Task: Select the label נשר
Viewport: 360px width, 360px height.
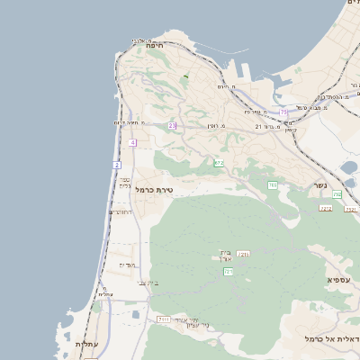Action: coord(319,185)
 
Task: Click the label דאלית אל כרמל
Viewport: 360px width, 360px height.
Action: coord(332,338)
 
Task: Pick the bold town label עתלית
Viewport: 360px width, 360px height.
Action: coord(86,345)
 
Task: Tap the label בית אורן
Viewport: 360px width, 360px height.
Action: coord(226,256)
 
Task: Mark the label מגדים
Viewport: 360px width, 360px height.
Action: coord(127,265)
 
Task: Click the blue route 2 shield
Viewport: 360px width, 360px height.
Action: coord(116,166)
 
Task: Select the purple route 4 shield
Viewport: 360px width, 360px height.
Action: coord(132,142)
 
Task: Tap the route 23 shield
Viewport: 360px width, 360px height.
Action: coord(171,125)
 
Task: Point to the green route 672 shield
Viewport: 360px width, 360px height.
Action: coord(219,163)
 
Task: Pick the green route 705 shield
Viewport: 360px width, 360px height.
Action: coord(272,184)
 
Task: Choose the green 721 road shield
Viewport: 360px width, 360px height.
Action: coord(228,271)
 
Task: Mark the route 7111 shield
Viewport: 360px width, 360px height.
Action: coord(163,319)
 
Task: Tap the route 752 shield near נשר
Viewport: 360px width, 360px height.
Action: coord(337,195)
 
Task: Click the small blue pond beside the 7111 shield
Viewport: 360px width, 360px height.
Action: coord(136,315)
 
